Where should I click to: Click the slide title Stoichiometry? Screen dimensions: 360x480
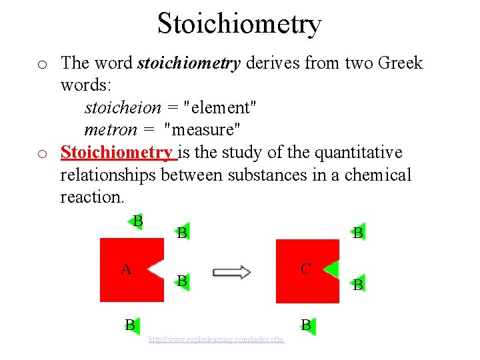(239, 23)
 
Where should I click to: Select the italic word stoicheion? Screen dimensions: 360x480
(123, 107)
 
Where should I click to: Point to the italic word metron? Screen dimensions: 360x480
(109, 129)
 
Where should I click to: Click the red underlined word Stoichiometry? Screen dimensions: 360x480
(117, 153)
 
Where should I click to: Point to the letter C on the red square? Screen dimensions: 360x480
(306, 269)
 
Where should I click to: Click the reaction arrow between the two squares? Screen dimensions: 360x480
(231, 272)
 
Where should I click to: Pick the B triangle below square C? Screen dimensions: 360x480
(307, 325)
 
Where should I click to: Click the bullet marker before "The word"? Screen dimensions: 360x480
(41, 64)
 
